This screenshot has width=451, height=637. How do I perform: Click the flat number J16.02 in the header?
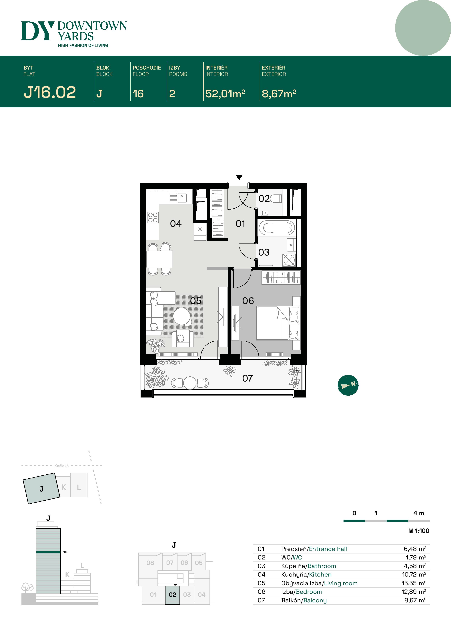click(50, 92)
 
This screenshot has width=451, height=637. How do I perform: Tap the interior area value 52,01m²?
click(225, 94)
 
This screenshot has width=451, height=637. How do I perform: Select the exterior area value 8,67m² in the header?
click(279, 94)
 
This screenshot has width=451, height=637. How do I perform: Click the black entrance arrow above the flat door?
click(239, 177)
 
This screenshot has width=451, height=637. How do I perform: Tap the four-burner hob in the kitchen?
click(153, 217)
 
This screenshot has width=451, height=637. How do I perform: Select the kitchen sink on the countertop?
click(182, 198)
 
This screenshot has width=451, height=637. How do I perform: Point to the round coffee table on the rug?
click(182, 316)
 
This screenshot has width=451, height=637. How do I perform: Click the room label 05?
click(196, 301)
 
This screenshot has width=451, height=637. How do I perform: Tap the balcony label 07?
click(248, 378)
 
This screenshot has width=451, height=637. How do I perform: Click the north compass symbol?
click(348, 385)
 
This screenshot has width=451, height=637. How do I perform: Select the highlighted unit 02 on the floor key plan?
click(172, 595)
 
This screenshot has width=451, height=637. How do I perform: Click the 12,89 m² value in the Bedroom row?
click(414, 592)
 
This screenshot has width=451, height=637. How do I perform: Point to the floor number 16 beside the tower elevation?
click(65, 552)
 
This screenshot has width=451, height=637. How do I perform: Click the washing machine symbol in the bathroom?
click(289, 260)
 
